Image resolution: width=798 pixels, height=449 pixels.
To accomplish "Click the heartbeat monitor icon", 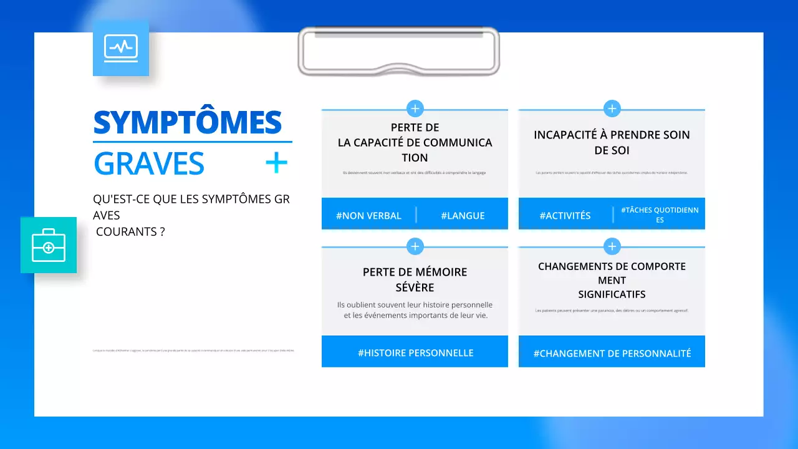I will coord(121,48).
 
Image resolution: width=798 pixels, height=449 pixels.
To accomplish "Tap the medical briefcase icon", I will coord(49,245).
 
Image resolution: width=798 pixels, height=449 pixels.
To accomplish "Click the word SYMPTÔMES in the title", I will coord(188,123).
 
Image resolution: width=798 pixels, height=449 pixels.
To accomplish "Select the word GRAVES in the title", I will coord(149,163).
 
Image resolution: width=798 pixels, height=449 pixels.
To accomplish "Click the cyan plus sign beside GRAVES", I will coord(276,163).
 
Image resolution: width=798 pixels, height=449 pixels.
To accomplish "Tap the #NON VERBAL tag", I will coord(368,216).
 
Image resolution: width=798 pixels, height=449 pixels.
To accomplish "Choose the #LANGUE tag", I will coord(463,216).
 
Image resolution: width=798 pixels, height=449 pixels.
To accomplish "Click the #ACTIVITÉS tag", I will coord(565,216).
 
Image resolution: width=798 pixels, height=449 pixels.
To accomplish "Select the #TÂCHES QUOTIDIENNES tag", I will coord(660,215).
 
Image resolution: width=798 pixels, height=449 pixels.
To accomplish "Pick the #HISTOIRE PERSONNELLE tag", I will coord(415,353).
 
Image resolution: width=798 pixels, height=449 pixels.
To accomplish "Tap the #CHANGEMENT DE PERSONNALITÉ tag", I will coord(612,354).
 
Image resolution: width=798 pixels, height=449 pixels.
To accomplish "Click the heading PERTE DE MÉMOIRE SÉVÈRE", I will coord(415,279).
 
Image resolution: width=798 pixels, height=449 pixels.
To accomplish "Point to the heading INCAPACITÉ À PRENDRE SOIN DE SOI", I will coord(612,142).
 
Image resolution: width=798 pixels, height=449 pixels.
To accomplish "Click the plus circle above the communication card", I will coord(415,109).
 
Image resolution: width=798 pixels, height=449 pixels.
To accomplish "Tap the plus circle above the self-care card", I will coord(612,109).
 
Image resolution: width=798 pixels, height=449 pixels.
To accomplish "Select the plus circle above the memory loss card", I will coord(415,246).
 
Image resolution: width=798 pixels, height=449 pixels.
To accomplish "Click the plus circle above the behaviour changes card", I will coord(612,246).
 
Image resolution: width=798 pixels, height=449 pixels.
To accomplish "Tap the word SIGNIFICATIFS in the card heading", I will coord(612,294).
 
